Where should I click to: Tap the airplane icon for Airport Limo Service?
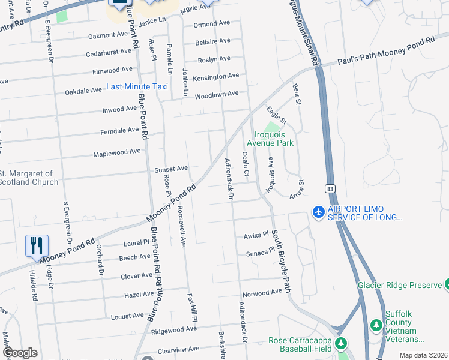318,212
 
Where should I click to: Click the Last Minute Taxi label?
137,86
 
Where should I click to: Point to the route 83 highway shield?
330,188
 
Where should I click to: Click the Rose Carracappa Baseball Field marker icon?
342,343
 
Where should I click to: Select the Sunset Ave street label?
172,169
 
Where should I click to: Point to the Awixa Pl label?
255,236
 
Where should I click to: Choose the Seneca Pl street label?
259,252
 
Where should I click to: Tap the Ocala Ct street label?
245,164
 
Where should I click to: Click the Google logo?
20,353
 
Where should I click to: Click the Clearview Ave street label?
177,349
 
